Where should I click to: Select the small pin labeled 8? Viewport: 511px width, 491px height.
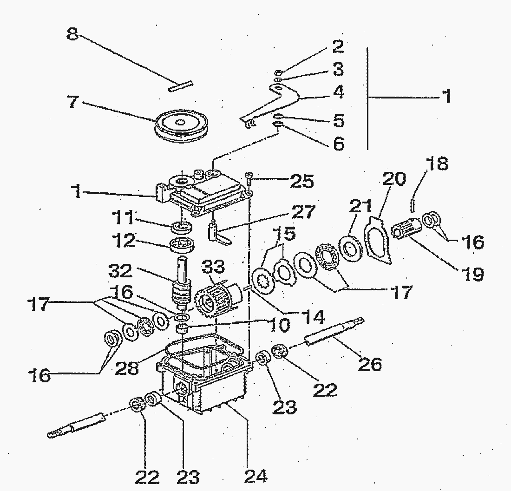[181, 86]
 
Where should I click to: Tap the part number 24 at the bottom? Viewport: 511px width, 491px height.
[255, 474]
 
